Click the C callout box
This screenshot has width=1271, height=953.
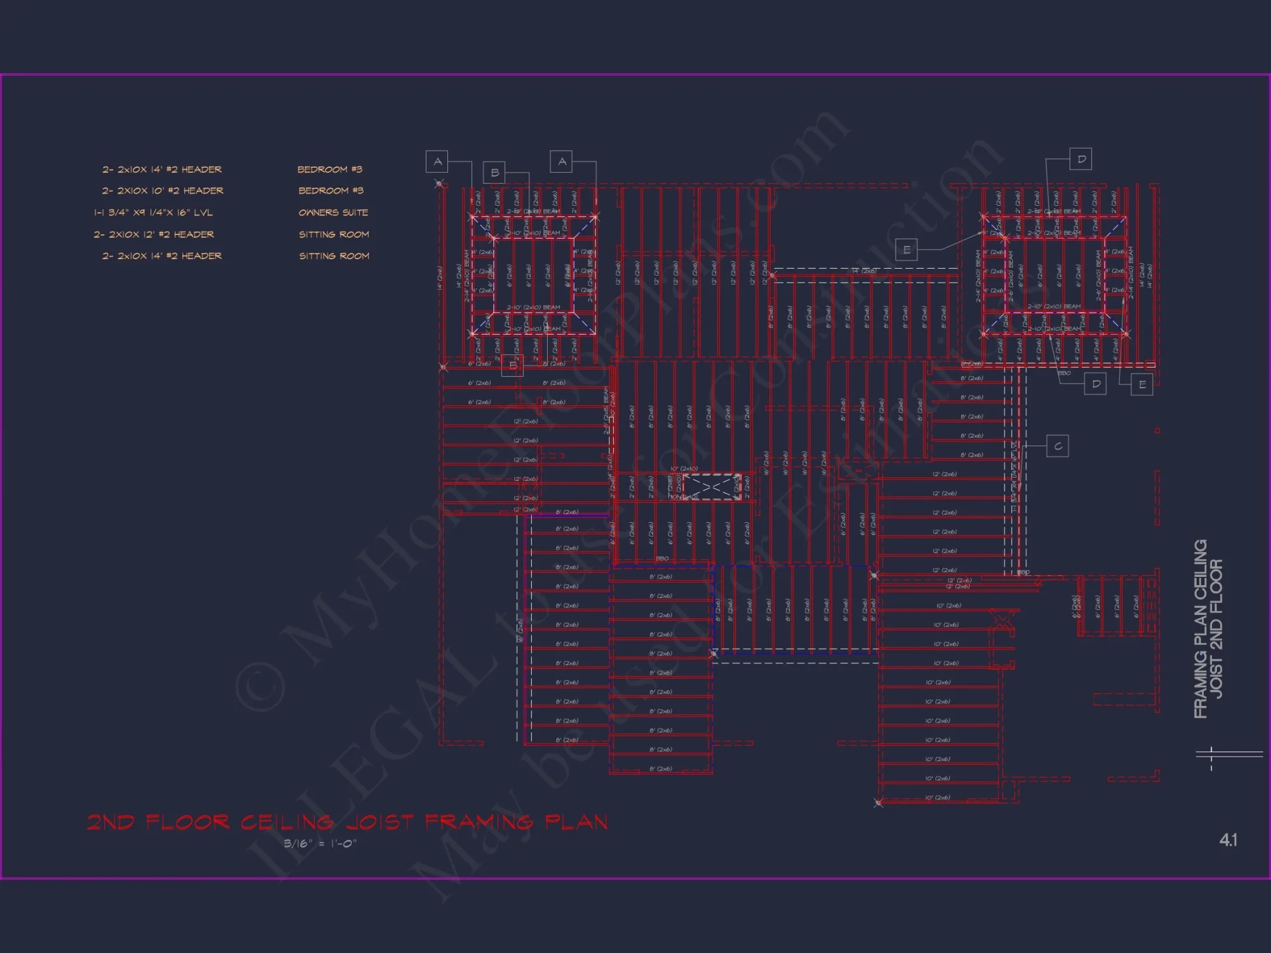click(x=1057, y=446)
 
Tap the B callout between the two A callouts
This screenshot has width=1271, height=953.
click(x=494, y=173)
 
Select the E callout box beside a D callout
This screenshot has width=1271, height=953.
click(x=1142, y=384)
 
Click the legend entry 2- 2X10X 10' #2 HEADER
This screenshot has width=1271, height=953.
click(x=163, y=191)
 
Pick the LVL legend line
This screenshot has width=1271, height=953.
click(x=153, y=212)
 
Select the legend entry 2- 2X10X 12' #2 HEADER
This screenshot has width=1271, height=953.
click(x=154, y=234)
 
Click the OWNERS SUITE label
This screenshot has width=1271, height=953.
click(x=333, y=212)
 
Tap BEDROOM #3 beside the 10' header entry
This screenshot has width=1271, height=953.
click(x=330, y=191)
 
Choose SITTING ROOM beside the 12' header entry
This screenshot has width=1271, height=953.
click(x=334, y=234)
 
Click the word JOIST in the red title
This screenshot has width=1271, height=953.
click(x=380, y=822)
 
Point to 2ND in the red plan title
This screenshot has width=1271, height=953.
click(x=111, y=822)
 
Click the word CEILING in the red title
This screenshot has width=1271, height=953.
click(x=287, y=822)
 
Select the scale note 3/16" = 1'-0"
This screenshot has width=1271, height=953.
click(x=320, y=844)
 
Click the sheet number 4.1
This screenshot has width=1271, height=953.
click(x=1228, y=840)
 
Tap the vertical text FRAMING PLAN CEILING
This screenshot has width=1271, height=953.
click(x=1200, y=629)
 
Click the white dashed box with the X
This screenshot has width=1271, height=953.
click(x=711, y=487)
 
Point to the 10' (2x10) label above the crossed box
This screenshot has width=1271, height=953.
click(x=684, y=469)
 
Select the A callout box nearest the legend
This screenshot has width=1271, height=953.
click(x=437, y=161)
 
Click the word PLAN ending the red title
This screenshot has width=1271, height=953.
click(x=576, y=822)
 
